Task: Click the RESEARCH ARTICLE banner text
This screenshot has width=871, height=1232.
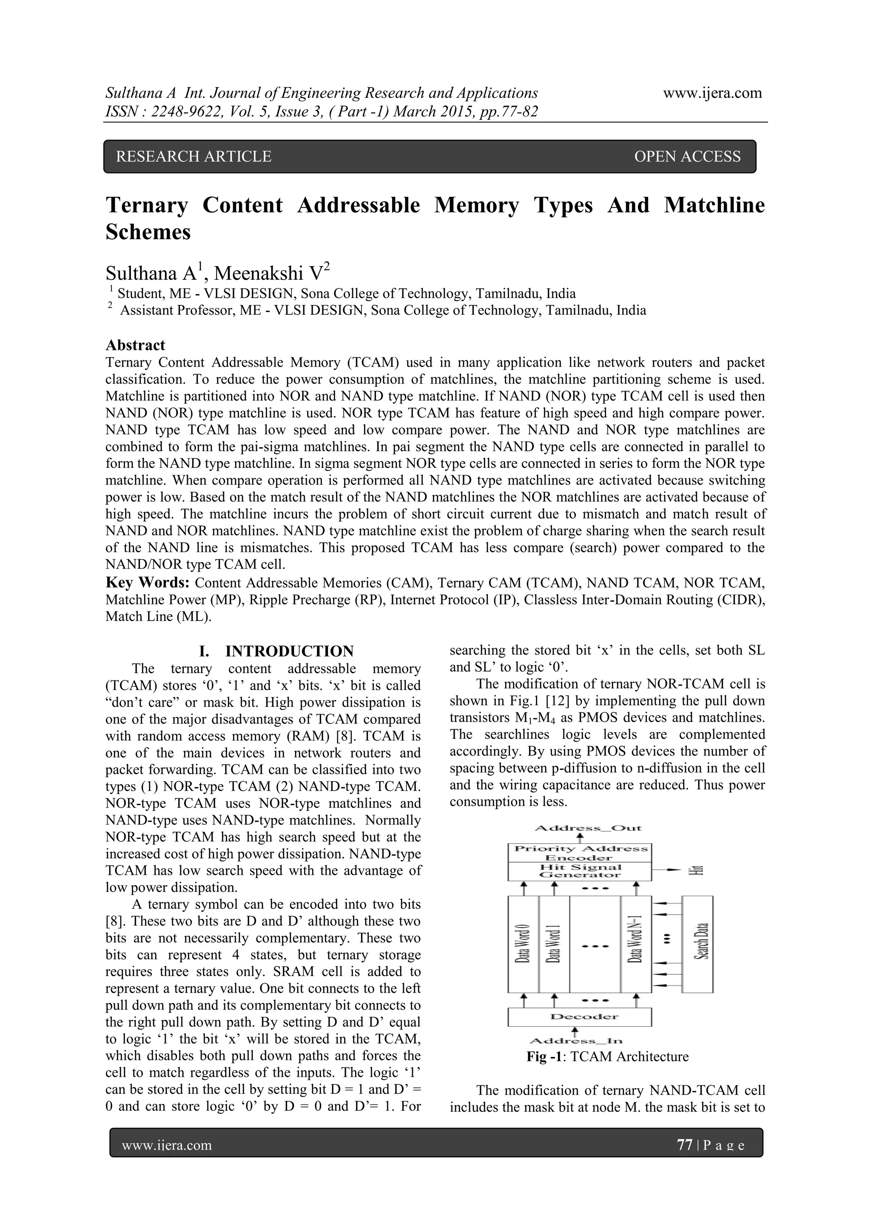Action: point(194,156)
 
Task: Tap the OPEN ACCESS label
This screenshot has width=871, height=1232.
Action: point(687,156)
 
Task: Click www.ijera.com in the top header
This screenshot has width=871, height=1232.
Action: point(712,94)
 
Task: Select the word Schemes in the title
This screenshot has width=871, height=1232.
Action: point(148,232)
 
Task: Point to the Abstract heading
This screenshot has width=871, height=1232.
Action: point(135,345)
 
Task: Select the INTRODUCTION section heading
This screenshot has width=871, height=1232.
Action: point(289,652)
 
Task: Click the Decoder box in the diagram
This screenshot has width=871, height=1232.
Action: point(580,1017)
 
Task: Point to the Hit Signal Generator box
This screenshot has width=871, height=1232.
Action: point(580,871)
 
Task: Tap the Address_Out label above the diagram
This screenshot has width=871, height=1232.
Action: point(588,828)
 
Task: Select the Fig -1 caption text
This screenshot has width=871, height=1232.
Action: point(607,1057)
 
